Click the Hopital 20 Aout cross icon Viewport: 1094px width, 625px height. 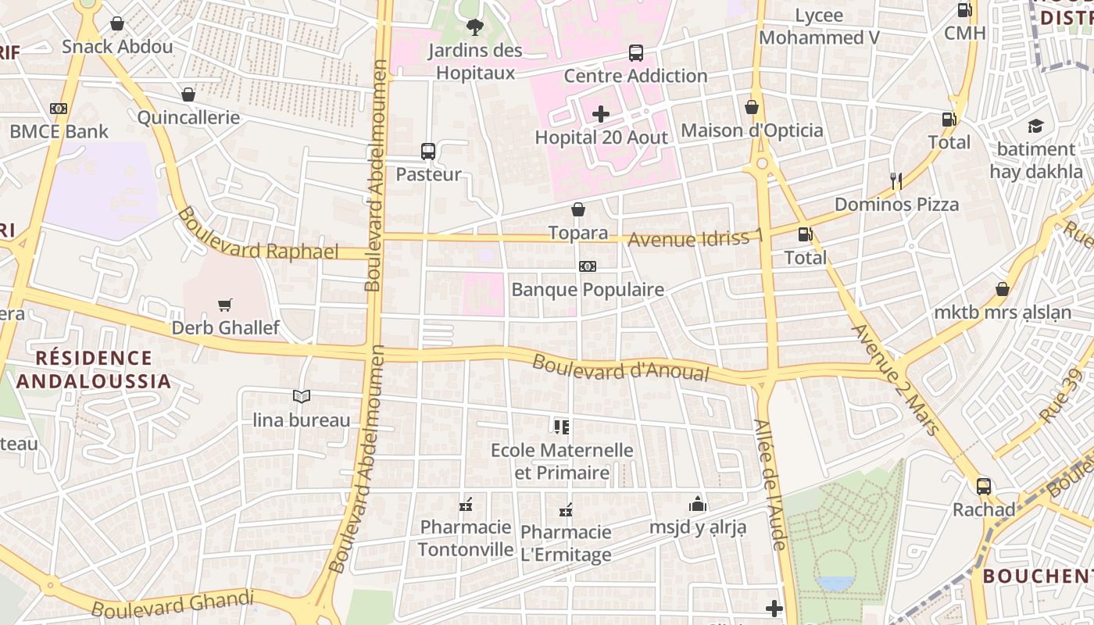point(600,115)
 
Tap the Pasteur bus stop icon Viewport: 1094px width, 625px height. point(427,152)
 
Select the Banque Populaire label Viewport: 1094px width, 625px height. point(587,290)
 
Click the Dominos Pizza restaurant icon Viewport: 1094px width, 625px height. point(896,181)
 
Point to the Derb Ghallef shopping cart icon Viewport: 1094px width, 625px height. point(225,305)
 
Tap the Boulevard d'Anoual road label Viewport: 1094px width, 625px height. point(620,368)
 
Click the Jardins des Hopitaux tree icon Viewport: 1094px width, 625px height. point(474,28)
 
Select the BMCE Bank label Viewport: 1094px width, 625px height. point(59,131)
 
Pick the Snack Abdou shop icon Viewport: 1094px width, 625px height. point(117,23)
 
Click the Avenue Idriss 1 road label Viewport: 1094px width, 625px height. point(695,238)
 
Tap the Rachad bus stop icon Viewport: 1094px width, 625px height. point(984,487)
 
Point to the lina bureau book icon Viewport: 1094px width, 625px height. point(302,397)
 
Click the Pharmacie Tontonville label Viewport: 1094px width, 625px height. point(466,538)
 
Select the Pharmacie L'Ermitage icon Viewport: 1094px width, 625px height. point(566,510)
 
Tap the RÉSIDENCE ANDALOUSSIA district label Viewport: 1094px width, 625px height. point(94,370)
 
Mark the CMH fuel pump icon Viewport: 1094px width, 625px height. point(964,10)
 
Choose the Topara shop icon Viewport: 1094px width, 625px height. point(578,209)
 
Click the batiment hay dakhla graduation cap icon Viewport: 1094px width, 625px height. point(1035,126)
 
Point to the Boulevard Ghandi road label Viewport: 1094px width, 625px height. point(173,605)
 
